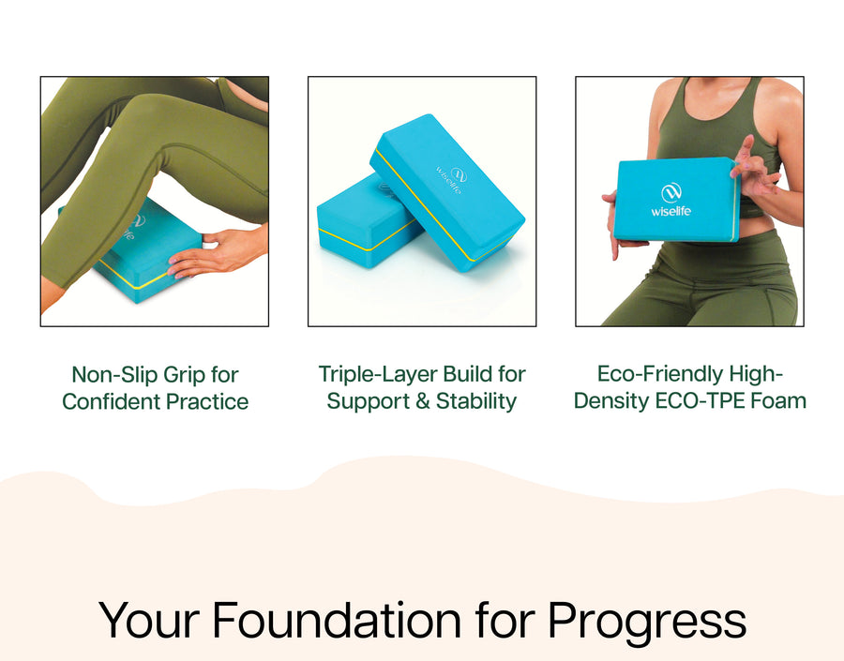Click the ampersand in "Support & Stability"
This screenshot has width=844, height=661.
423,401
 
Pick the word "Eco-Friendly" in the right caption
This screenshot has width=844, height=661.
659,375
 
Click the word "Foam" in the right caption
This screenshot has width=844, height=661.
778,401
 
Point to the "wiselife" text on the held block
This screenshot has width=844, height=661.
671,211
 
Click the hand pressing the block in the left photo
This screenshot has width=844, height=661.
216,252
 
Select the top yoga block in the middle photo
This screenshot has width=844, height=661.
446,192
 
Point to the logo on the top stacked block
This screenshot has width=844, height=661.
449,179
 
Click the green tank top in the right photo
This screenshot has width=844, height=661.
716,124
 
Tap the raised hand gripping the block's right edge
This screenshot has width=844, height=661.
754,167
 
